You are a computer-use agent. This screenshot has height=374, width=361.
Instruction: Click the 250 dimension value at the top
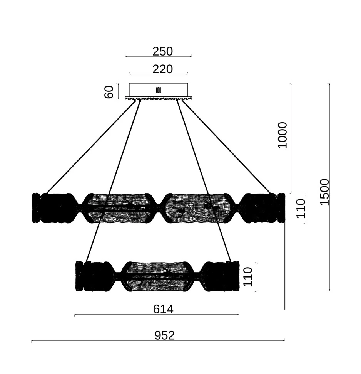click(x=162, y=51)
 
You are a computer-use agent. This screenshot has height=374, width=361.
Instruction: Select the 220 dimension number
click(x=162, y=69)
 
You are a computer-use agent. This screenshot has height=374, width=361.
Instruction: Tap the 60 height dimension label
click(x=109, y=92)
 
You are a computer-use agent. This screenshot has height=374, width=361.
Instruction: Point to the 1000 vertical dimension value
click(x=282, y=135)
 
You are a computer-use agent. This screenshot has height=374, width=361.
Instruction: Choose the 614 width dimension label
click(x=163, y=309)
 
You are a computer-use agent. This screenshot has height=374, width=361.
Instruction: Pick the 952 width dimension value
click(x=164, y=335)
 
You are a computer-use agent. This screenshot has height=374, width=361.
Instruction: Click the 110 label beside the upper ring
click(x=301, y=209)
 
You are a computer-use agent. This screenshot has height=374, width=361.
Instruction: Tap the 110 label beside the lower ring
click(x=248, y=277)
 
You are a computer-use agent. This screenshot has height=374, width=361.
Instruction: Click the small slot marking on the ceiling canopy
click(x=158, y=90)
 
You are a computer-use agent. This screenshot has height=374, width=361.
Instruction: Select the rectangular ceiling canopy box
click(x=158, y=90)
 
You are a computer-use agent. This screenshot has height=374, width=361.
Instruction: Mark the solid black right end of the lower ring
click(x=219, y=276)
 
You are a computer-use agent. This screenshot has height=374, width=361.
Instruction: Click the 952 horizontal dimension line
click(x=158, y=340)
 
